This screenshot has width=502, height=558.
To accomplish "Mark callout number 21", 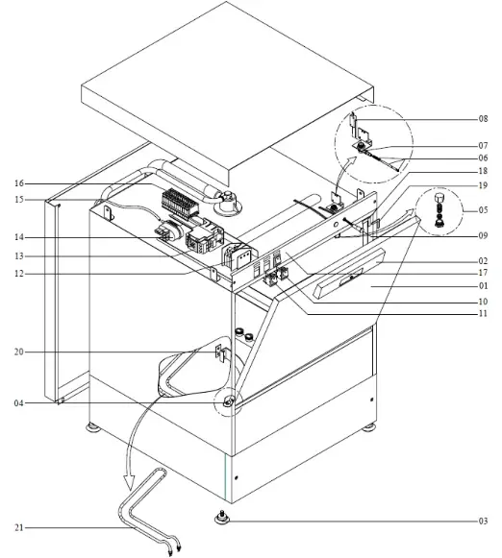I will tap(19, 527).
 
